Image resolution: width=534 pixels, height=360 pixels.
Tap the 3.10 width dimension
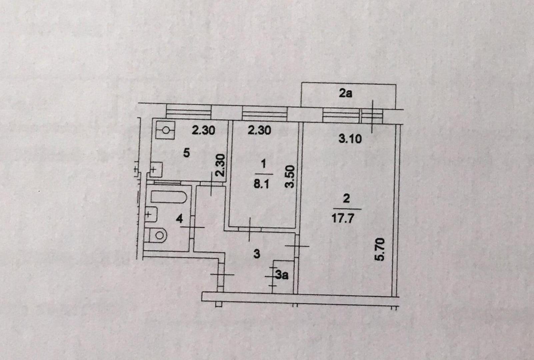coord(350,138)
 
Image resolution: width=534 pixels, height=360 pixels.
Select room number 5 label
coord(187,153)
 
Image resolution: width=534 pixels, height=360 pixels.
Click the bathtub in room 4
coord(168,197)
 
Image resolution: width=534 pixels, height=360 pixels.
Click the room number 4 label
coord(179,219)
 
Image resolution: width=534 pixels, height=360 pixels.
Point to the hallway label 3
coord(256,254)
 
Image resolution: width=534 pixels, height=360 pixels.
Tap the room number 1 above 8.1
coord(264,164)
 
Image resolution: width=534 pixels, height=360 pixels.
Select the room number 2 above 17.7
coord(346,199)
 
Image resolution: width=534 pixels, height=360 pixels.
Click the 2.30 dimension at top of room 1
coord(259,130)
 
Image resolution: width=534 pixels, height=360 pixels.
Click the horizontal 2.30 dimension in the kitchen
coord(203,130)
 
